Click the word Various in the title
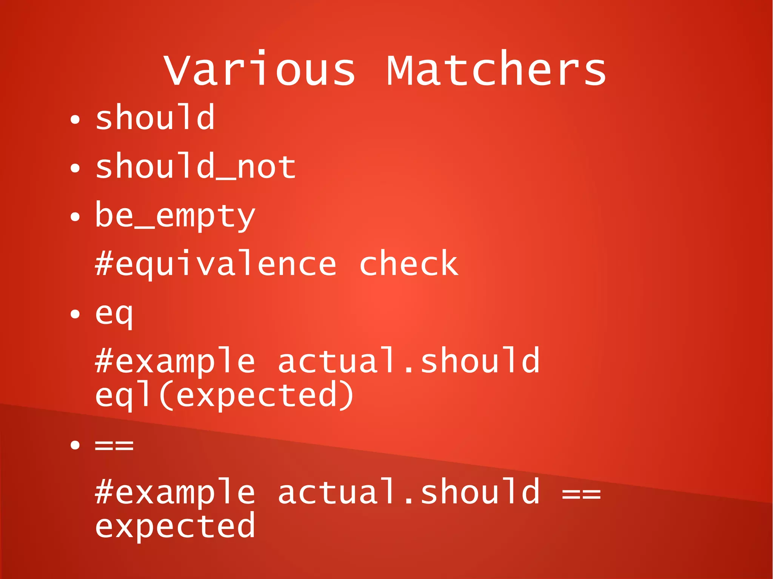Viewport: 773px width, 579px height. point(260,70)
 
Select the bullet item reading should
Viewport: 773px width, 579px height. point(155,118)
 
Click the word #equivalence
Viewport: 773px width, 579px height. point(216,264)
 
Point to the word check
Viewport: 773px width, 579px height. point(408,264)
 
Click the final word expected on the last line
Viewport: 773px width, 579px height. point(175,526)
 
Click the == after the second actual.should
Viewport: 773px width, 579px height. point(581,493)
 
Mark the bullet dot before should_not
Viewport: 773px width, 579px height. point(75,168)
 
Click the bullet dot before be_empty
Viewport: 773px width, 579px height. point(75,217)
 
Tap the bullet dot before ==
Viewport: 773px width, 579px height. point(75,445)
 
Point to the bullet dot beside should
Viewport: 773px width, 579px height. point(75,120)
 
